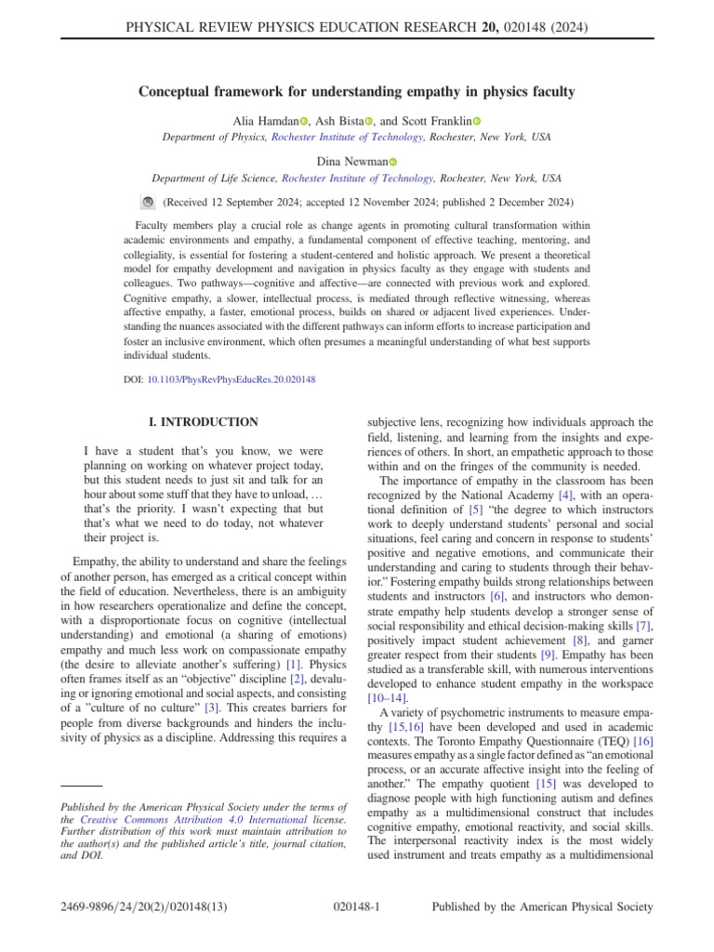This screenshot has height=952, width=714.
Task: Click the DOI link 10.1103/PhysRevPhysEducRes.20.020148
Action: (x=231, y=380)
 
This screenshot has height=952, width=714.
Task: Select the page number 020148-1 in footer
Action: (x=357, y=906)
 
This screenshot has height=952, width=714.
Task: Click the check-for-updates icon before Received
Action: (x=147, y=201)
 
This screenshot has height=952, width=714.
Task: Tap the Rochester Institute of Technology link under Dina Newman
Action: (x=357, y=178)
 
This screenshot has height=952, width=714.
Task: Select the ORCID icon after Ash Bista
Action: (x=369, y=122)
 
